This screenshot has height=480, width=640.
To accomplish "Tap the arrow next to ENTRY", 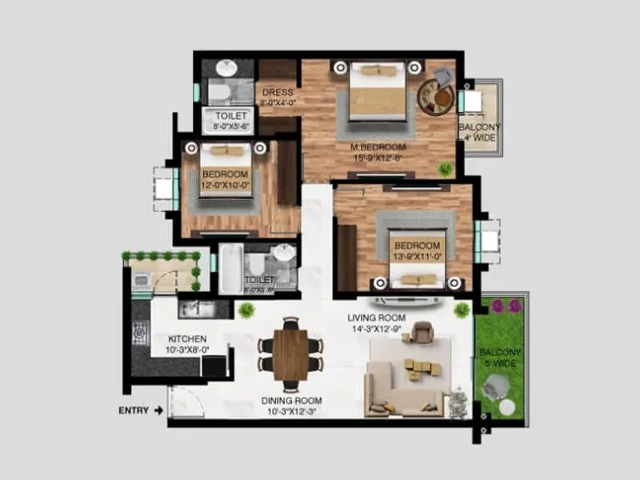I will click(x=158, y=410).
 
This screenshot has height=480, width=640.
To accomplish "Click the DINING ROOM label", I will click(x=291, y=401).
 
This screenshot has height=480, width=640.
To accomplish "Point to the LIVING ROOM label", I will click(x=376, y=318).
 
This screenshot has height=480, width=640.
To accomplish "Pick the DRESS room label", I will click(x=278, y=92).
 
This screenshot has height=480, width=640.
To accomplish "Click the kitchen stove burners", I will click(x=141, y=332).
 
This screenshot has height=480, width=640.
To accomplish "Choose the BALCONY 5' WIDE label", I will click(x=500, y=358).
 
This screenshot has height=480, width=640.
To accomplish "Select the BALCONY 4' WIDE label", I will click(x=480, y=133).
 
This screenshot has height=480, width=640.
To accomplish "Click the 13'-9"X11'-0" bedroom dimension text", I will click(x=417, y=256).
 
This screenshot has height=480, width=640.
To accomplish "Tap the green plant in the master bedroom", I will click(x=446, y=169).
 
